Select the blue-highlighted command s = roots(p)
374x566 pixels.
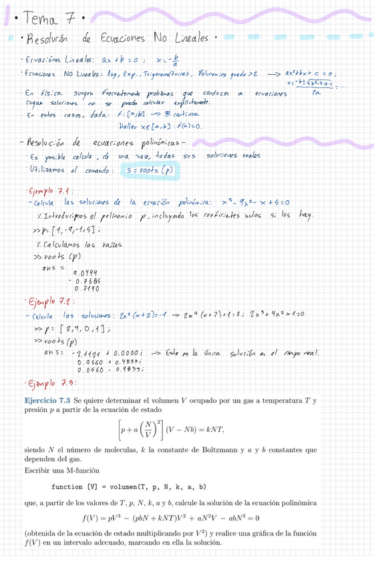click(x=152, y=171)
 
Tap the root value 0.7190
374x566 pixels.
click(x=88, y=288)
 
